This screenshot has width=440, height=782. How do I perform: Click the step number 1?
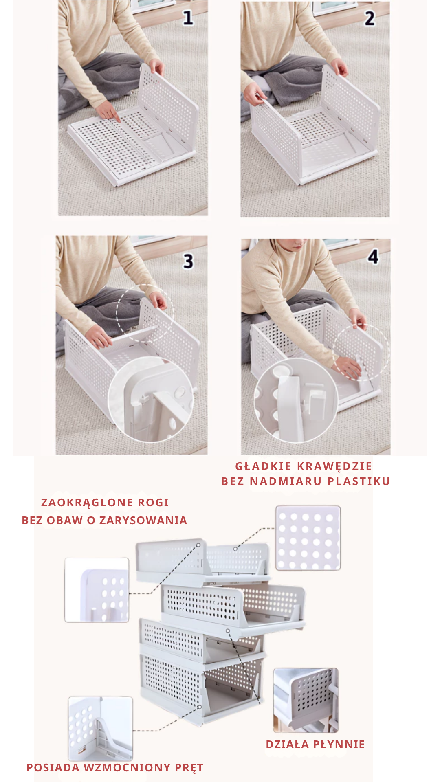click(x=188, y=18)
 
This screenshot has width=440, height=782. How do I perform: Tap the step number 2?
click(x=370, y=18)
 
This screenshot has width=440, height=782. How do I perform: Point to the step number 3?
click(x=188, y=261)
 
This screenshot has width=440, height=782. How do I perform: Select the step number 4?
click(x=373, y=257)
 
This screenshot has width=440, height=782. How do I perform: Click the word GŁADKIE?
click(x=263, y=466)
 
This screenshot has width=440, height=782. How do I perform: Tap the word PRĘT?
click(x=189, y=768)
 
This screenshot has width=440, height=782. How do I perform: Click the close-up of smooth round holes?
click(x=308, y=538)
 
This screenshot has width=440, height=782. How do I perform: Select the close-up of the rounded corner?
click(x=97, y=590)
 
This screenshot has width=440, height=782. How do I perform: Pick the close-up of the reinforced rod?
click(x=100, y=728)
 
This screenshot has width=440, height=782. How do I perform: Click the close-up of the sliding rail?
click(x=306, y=700)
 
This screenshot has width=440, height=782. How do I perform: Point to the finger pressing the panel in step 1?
click(x=116, y=118)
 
